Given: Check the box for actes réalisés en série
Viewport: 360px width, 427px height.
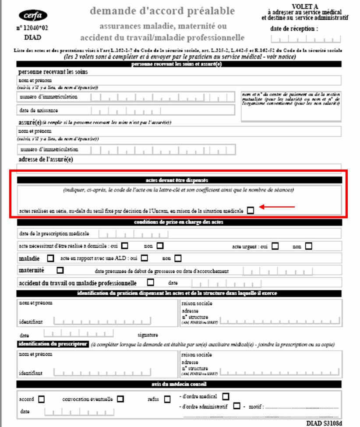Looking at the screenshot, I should coord(250,211).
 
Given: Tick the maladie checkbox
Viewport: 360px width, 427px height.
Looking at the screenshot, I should coord(51,258).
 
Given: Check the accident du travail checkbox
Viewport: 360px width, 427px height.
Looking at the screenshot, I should coord(151,282).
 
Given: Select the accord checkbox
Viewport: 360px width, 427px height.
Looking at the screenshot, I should coord(42,399).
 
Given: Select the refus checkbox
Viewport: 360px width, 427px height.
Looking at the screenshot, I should coord(167,399).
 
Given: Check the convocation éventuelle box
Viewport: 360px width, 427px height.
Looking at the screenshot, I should coord(120,399).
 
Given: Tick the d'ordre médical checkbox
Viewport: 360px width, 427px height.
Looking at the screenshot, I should coord(226,396).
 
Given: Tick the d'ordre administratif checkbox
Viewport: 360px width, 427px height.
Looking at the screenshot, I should coord(236,406).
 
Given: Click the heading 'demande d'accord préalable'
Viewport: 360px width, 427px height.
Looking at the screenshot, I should coord(162,11).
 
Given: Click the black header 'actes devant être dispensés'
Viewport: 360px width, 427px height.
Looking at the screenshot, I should coord(179,180).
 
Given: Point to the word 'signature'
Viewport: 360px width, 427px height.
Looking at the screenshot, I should coord(147,335).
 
